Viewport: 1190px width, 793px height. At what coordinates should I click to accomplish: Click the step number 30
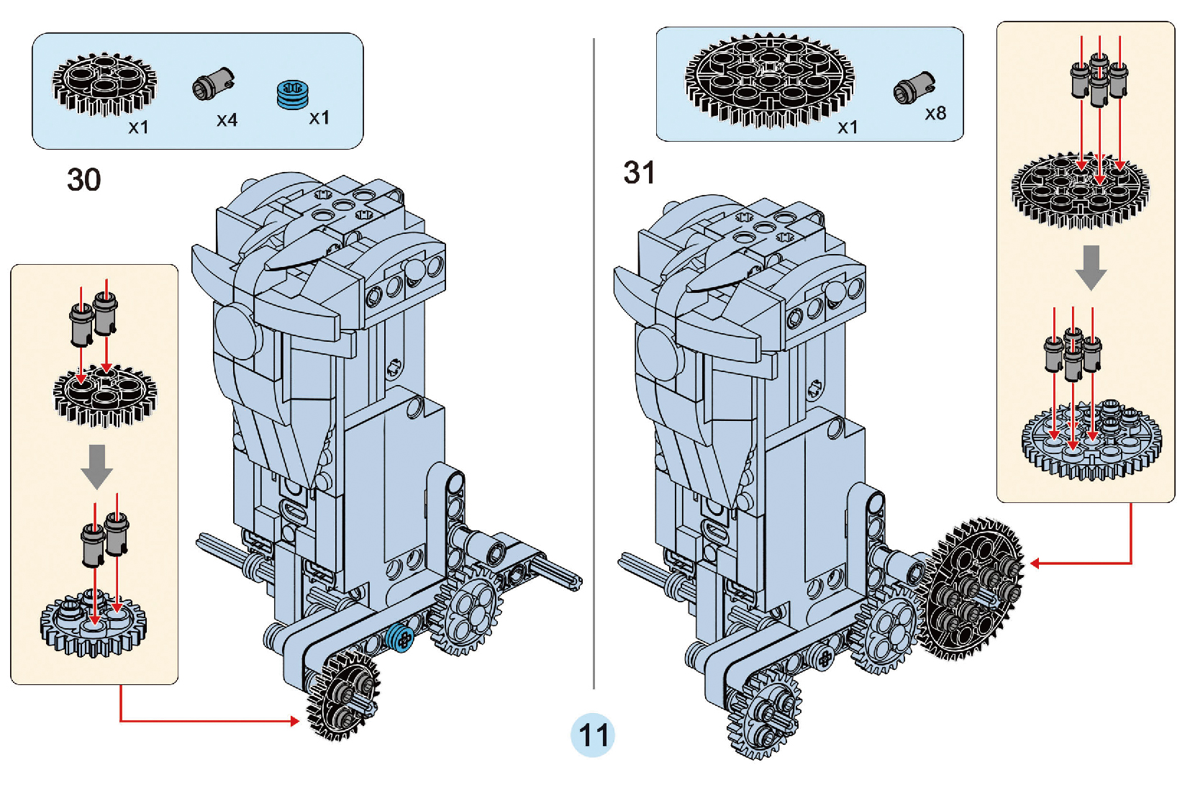click(x=83, y=180)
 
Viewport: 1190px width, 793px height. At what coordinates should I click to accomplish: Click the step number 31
click(x=639, y=173)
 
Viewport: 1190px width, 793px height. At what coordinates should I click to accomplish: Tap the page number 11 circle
click(x=593, y=735)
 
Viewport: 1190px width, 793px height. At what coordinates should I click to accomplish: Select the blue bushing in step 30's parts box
click(x=292, y=94)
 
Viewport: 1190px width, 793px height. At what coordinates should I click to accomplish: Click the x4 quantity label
click(x=227, y=120)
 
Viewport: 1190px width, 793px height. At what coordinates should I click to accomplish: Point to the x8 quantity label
click(x=935, y=114)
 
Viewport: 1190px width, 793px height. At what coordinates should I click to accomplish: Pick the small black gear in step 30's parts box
click(x=104, y=83)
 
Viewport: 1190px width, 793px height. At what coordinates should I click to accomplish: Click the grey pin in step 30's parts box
click(x=213, y=84)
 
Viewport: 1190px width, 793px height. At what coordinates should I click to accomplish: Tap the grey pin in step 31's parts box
click(x=914, y=88)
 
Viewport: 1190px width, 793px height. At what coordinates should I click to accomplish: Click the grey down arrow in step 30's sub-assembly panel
click(x=96, y=466)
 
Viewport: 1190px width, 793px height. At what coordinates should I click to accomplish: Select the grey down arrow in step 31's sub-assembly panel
click(x=1091, y=267)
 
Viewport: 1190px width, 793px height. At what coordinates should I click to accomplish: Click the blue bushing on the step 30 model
click(x=399, y=638)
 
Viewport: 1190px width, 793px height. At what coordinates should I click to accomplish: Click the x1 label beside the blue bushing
click(x=319, y=118)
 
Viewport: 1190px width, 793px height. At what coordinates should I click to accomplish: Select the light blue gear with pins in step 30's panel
click(x=93, y=623)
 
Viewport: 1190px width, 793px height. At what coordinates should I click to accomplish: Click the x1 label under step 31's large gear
click(x=848, y=127)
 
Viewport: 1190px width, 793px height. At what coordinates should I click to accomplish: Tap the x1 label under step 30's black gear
click(x=138, y=127)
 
